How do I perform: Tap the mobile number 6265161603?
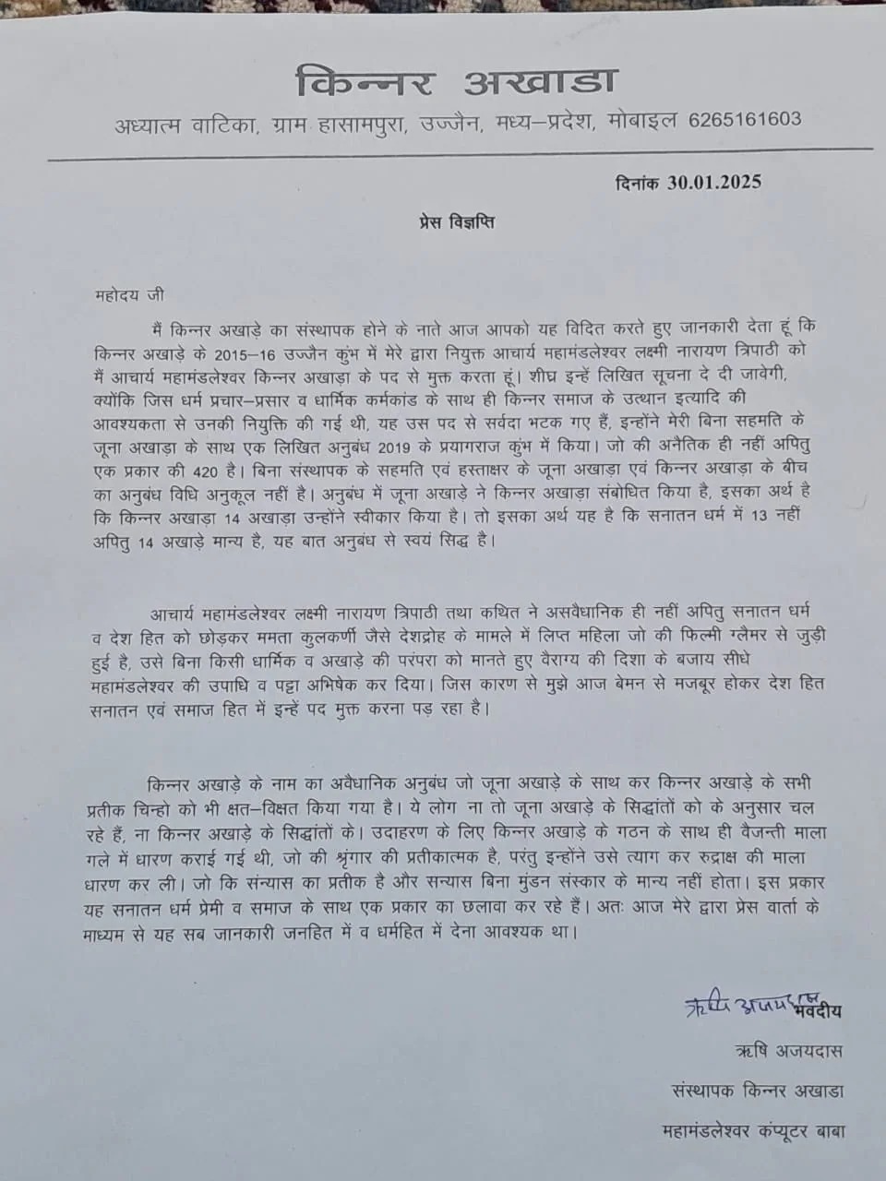tap(745, 120)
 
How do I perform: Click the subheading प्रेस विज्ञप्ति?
tap(452, 222)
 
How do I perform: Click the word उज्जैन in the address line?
tap(451, 122)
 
